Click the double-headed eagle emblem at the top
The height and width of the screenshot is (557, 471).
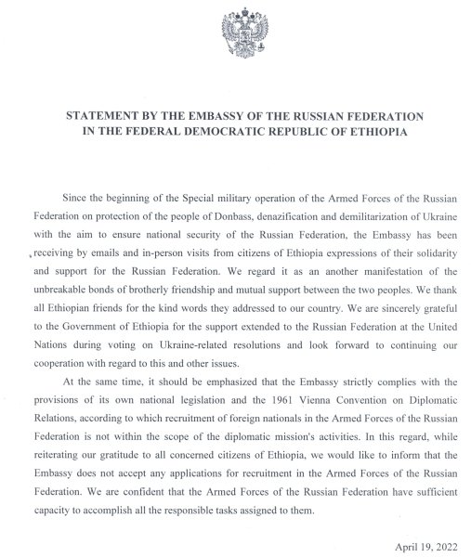(236, 35)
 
